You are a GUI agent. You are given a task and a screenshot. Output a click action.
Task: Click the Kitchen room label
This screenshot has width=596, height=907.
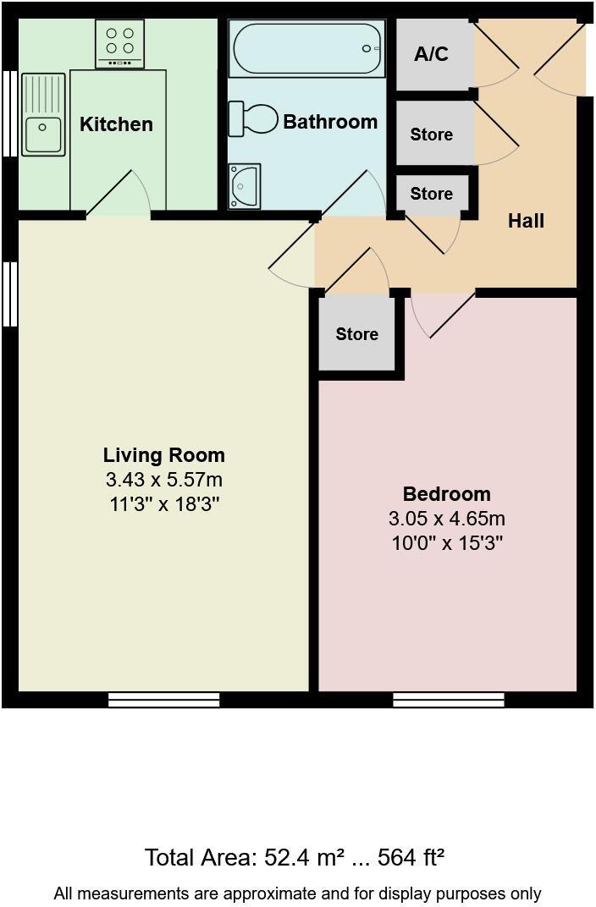click(116, 124)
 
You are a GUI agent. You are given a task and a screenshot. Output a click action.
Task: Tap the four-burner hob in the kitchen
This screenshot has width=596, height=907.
click(119, 44)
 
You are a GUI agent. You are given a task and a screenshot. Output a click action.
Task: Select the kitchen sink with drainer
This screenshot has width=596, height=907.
click(42, 115)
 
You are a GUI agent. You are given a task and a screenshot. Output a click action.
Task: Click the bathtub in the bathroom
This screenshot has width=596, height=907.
click(307, 49)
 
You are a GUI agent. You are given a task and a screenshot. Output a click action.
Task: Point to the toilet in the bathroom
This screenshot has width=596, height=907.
click(253, 119)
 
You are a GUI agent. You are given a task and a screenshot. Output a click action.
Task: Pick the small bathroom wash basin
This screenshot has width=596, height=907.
click(244, 183)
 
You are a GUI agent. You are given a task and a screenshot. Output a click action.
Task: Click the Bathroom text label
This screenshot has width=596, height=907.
click(330, 122)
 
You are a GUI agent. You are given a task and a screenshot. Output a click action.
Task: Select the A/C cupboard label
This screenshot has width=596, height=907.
click(431, 55)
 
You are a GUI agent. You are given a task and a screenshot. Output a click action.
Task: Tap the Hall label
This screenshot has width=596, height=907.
click(526, 222)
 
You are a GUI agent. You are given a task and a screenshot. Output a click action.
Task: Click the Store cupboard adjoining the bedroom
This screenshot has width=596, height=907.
click(356, 334)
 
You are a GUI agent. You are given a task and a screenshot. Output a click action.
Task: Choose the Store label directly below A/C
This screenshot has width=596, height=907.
click(431, 135)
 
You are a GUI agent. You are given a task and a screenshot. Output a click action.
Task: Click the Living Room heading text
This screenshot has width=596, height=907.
click(163, 455)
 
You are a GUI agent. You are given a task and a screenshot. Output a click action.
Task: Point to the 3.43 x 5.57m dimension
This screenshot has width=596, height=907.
click(163, 480)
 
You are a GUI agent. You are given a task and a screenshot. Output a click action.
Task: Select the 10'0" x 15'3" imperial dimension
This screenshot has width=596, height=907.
click(446, 542)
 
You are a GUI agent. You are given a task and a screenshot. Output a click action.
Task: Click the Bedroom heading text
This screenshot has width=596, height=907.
click(446, 494)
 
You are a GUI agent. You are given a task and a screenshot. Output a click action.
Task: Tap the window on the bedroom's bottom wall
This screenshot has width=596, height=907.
click(449, 700)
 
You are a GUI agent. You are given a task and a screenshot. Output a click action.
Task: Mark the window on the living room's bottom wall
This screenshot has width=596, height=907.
click(163, 700)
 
